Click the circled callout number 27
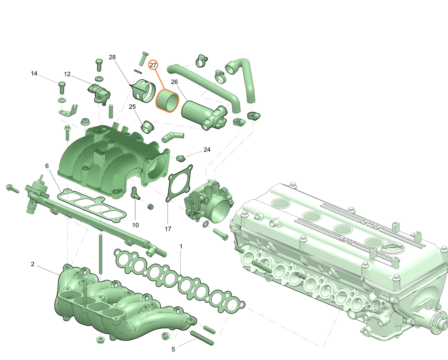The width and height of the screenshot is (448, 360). tap(153, 65)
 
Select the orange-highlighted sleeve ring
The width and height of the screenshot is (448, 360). tap(167, 101)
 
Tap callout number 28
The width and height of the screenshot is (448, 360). tap(112, 57)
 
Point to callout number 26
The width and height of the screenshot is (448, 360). tap(174, 82)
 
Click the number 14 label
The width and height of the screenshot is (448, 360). tap(34, 74)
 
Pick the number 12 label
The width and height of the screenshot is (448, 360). tap(67, 74)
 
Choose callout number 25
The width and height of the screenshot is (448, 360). tap(132, 107)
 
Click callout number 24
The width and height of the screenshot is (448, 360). tap(207, 149)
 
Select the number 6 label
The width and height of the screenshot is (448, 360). tap(47, 166)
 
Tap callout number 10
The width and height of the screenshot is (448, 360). tap(136, 225)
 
